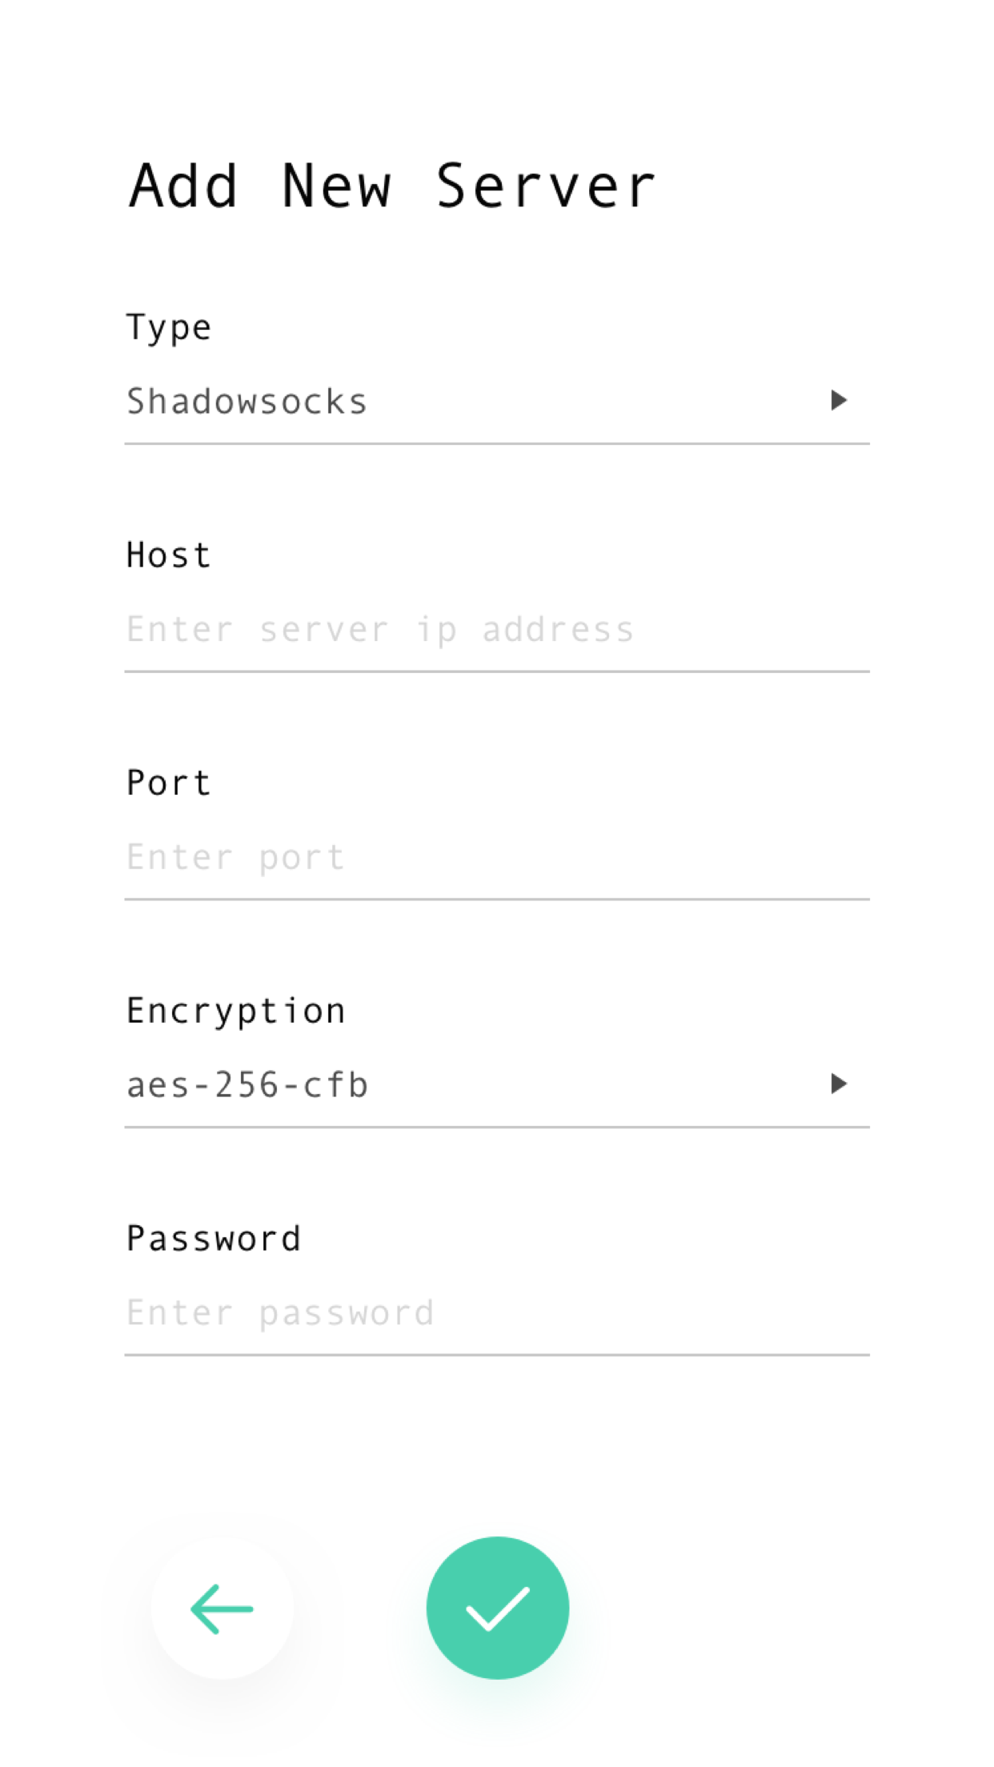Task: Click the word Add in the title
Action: [x=183, y=186]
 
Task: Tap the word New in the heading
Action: [x=337, y=186]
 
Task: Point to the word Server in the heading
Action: [x=545, y=186]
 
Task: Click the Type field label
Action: [x=169, y=328]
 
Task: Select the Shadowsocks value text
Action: [x=246, y=402]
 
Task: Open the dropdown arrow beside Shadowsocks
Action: [x=838, y=400]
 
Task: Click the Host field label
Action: [x=169, y=555]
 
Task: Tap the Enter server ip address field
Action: [x=496, y=630]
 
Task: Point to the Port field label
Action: [x=169, y=783]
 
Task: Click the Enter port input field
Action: [x=496, y=858]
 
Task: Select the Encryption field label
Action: [x=236, y=1012]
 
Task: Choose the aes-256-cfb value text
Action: [x=247, y=1086]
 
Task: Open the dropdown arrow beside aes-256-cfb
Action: [x=838, y=1084]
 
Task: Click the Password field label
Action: [x=214, y=1239]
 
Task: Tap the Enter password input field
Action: [x=496, y=1313]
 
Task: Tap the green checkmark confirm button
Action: [x=498, y=1608]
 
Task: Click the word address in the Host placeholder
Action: [x=558, y=630]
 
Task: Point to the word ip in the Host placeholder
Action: [x=436, y=630]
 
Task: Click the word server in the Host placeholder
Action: [x=324, y=630]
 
